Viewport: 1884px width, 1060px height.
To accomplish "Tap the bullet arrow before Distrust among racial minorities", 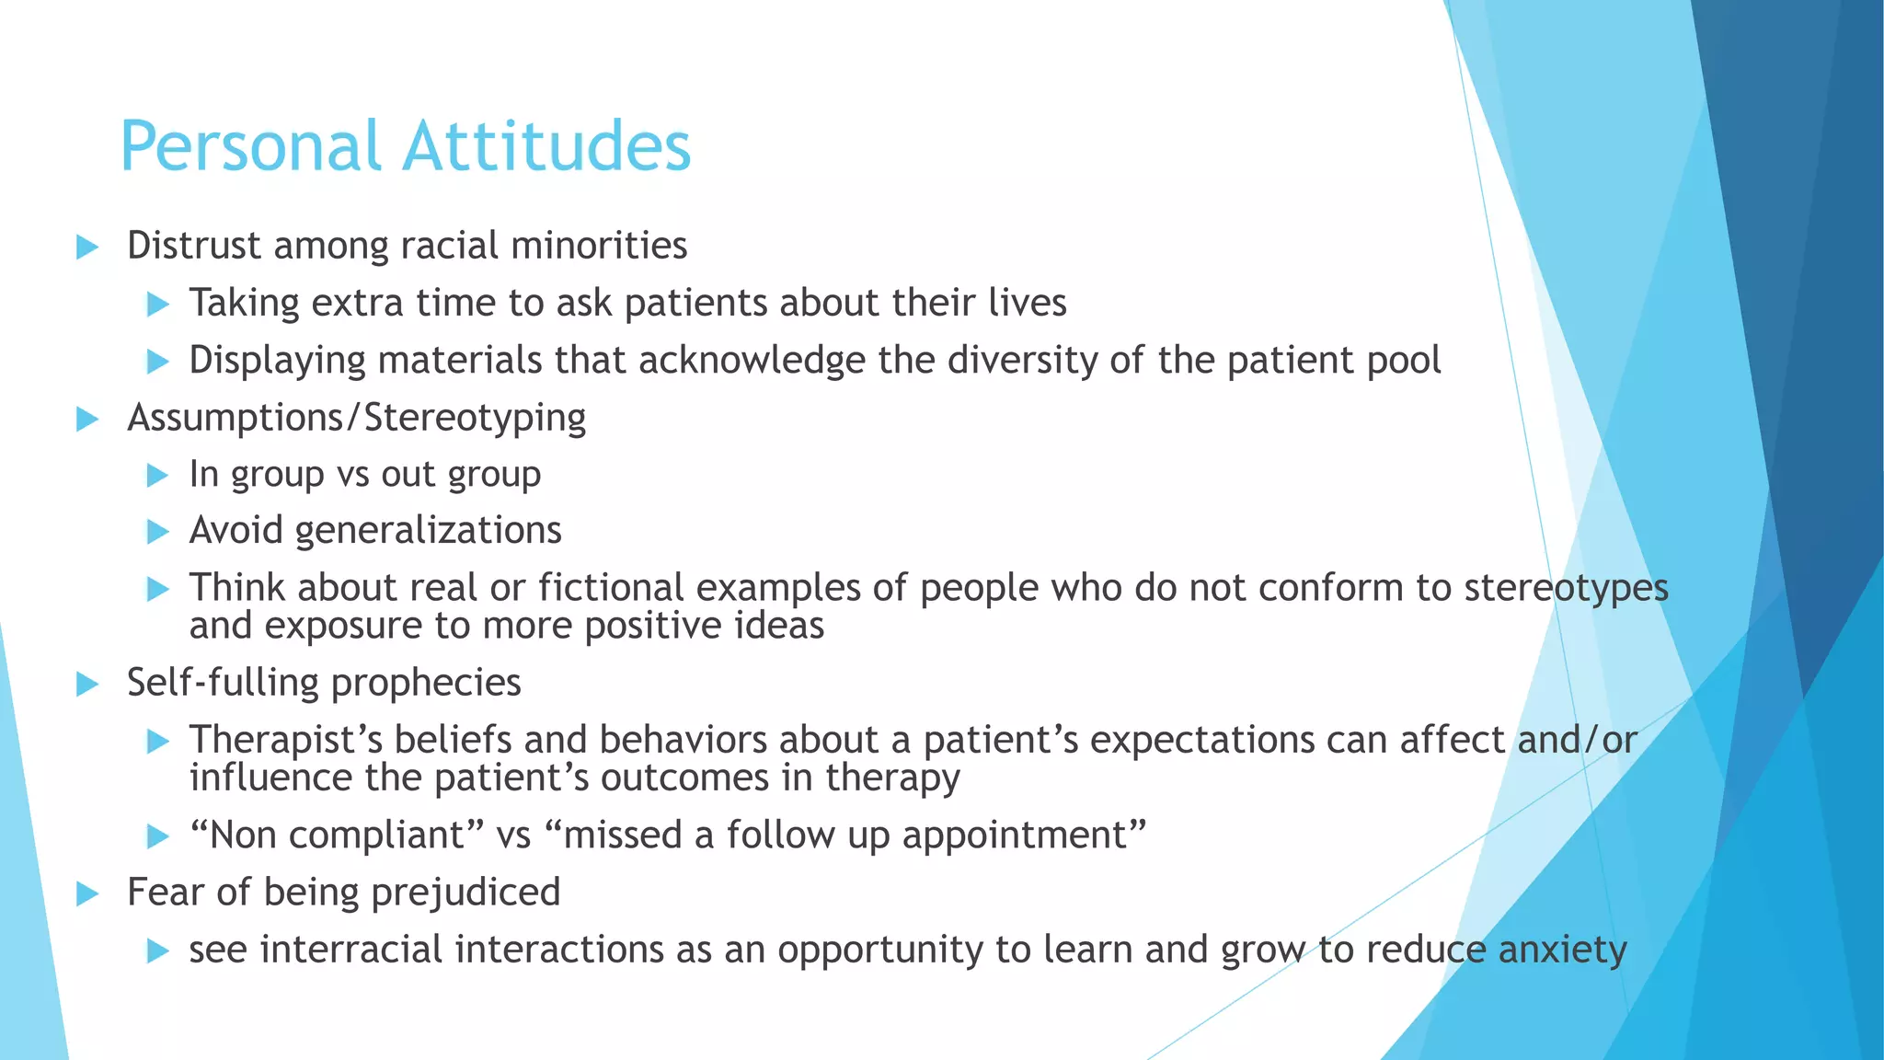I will click(87, 247).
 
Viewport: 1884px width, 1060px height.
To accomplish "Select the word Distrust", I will click(193, 246).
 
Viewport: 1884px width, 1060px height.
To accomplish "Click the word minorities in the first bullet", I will click(599, 246).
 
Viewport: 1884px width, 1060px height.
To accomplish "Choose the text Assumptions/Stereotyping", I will click(356, 419).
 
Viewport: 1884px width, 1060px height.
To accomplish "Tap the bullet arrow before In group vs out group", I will click(158, 476).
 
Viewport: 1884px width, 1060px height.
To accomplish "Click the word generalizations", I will click(428, 531).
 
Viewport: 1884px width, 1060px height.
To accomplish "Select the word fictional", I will click(611, 588).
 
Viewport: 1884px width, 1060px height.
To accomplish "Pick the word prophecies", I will click(426, 684).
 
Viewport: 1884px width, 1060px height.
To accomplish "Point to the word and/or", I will click(1577, 741).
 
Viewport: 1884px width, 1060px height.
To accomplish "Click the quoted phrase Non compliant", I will click(337, 835).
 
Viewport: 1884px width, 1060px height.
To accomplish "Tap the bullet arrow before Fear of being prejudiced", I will click(87, 893).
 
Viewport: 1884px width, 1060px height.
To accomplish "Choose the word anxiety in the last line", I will click(1563, 951).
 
